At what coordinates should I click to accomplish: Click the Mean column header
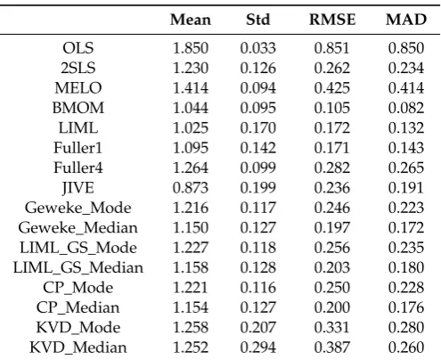pyautogui.click(x=191, y=20)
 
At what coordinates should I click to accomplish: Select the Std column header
pyautogui.click(x=258, y=20)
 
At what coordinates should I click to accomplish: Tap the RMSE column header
pyautogui.click(x=332, y=20)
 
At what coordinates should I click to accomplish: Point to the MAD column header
pyautogui.click(x=406, y=20)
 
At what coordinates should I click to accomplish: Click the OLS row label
pyautogui.click(x=78, y=48)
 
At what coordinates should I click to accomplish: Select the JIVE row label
pyautogui.click(x=78, y=188)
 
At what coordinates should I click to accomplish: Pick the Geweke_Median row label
pyautogui.click(x=78, y=228)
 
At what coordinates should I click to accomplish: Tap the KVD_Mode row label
pyautogui.click(x=78, y=327)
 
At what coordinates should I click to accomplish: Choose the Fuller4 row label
pyautogui.click(x=78, y=168)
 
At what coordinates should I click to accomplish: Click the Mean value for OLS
pyautogui.click(x=191, y=48)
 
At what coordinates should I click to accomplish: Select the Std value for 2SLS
pyautogui.click(x=258, y=68)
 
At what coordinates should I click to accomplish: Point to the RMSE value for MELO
pyautogui.click(x=332, y=88)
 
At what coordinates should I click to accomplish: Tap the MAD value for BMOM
pyautogui.click(x=406, y=108)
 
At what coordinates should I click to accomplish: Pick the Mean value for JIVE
pyautogui.click(x=191, y=188)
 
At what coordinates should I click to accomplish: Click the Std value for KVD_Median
pyautogui.click(x=258, y=348)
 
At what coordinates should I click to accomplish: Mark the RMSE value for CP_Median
pyautogui.click(x=332, y=307)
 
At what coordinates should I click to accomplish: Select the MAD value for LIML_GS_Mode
pyautogui.click(x=406, y=248)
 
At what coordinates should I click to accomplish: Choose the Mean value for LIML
pyautogui.click(x=191, y=127)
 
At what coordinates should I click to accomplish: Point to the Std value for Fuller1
pyautogui.click(x=258, y=148)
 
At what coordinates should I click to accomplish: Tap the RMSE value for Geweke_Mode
pyautogui.click(x=332, y=208)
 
